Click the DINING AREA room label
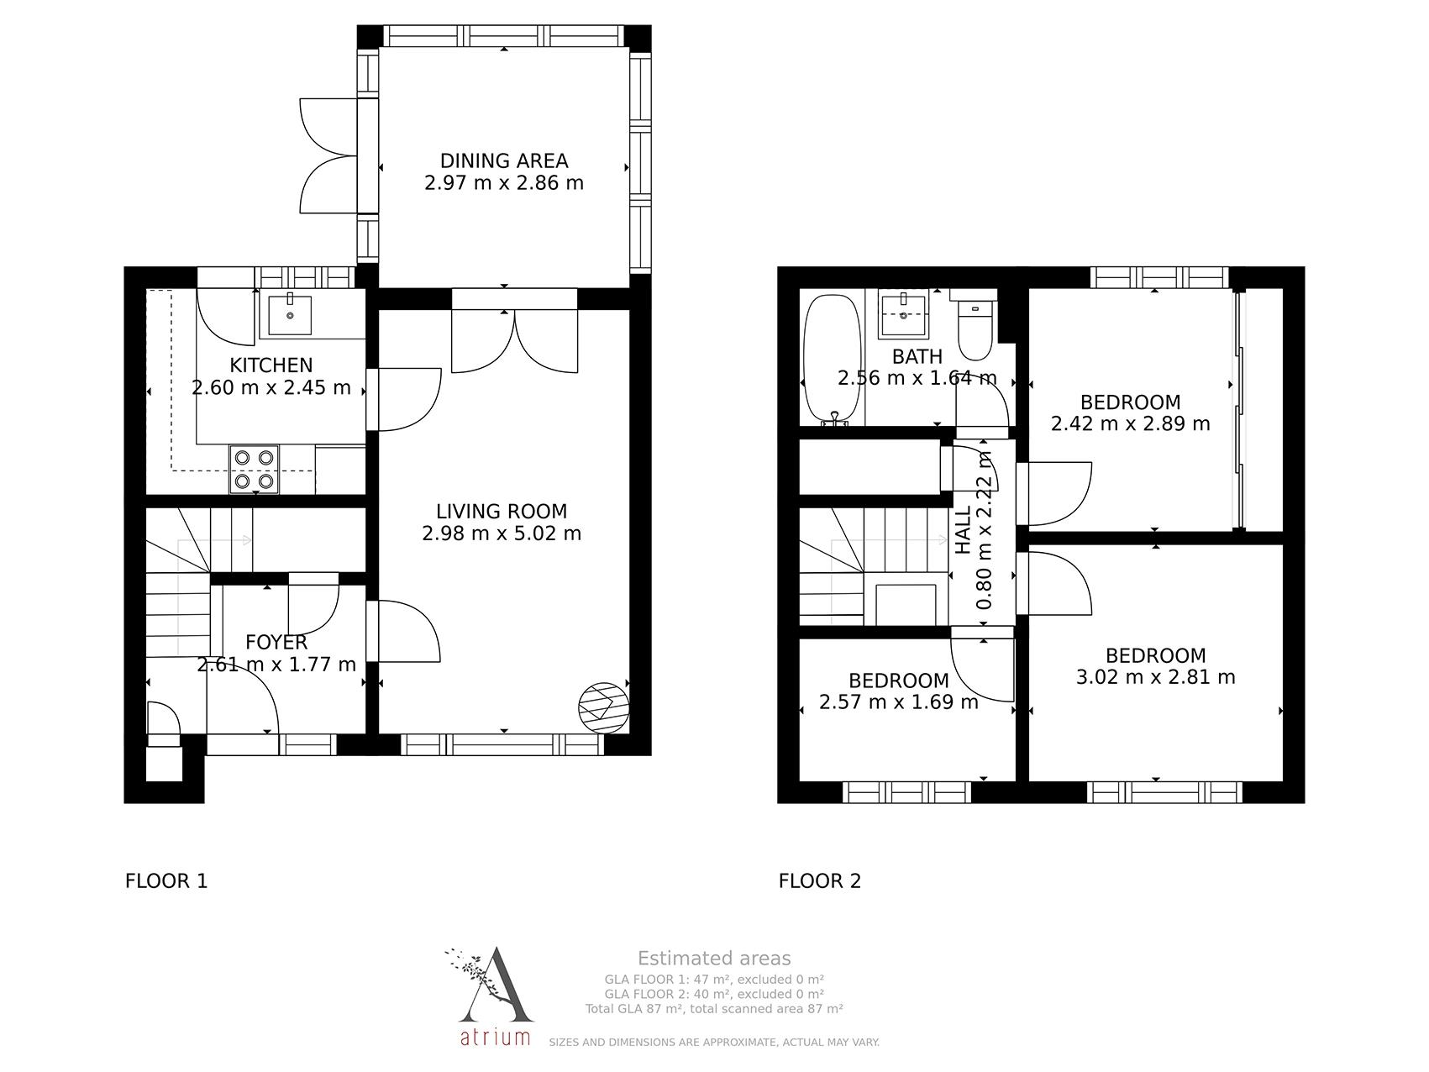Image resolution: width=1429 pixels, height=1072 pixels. (x=504, y=160)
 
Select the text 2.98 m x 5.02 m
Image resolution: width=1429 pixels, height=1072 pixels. (x=502, y=533)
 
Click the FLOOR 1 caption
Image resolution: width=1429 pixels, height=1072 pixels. (x=166, y=881)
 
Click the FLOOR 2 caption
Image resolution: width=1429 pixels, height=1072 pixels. (x=820, y=881)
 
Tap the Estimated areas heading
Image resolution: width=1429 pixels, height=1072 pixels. (x=714, y=959)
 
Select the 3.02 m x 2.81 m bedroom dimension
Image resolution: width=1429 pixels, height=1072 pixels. (x=1155, y=677)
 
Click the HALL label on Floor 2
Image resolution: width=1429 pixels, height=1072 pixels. (x=964, y=529)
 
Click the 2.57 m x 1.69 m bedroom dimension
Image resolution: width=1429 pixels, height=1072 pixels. (x=899, y=702)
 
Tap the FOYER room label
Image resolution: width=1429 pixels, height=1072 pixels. (x=276, y=643)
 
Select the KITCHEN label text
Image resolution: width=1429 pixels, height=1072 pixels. (x=271, y=365)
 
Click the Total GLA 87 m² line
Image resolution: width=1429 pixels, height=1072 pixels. (x=714, y=1009)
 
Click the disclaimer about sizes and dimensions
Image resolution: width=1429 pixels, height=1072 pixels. (x=714, y=1043)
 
